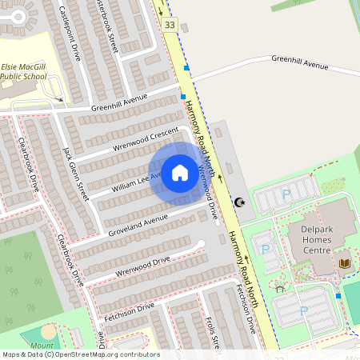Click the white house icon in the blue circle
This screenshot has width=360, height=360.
pyautogui.click(x=179, y=172)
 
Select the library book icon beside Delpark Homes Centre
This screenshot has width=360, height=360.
pyautogui.click(x=345, y=262)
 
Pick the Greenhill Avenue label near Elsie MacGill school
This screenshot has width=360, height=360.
pyautogui.click(x=120, y=102)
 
